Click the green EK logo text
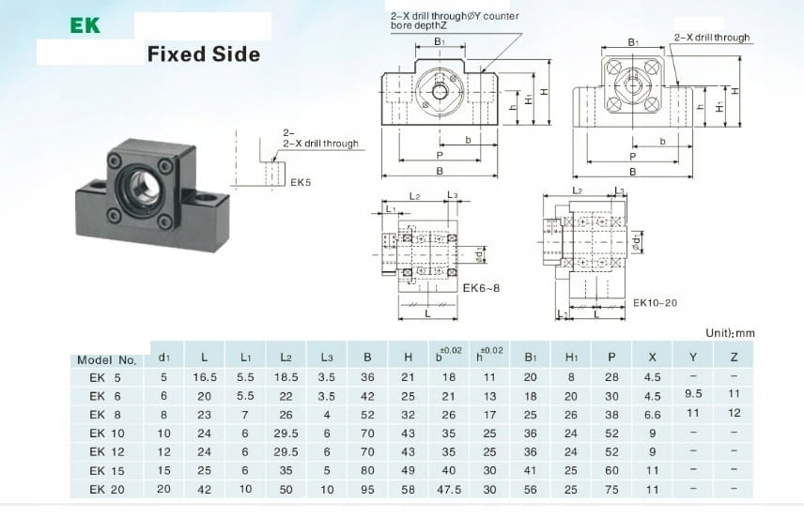[x=85, y=25]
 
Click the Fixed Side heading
[x=203, y=53]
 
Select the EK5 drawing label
[x=301, y=182]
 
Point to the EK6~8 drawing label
[x=481, y=288]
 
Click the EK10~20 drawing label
[x=655, y=302]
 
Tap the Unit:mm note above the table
[x=730, y=333]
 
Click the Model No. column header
[x=106, y=359]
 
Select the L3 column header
[x=326, y=358]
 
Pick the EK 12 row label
[x=106, y=452]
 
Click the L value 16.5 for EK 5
[x=205, y=377]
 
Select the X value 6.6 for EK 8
[x=652, y=415]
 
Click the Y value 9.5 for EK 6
[x=695, y=394]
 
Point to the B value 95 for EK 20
[x=367, y=489]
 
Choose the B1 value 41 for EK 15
[x=531, y=470]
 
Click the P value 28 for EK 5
[x=612, y=377]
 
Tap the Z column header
[x=734, y=358]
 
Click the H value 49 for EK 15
[x=408, y=470]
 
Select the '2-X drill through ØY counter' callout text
[x=455, y=16]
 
